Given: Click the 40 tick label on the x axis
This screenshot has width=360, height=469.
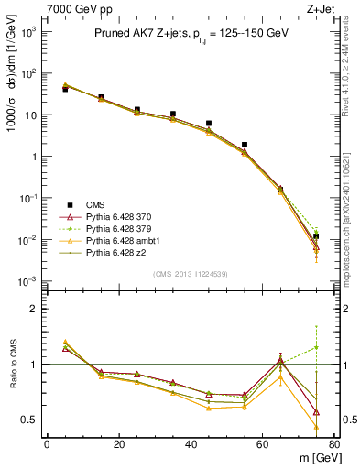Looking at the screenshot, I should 191,444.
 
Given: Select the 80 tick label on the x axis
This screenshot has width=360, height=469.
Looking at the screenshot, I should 334,444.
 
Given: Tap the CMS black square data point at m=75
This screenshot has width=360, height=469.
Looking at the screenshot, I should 316,236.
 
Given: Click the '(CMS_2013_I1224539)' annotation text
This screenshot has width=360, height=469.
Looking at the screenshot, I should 191,273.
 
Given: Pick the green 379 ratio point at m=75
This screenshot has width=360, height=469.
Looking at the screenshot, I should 316,347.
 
